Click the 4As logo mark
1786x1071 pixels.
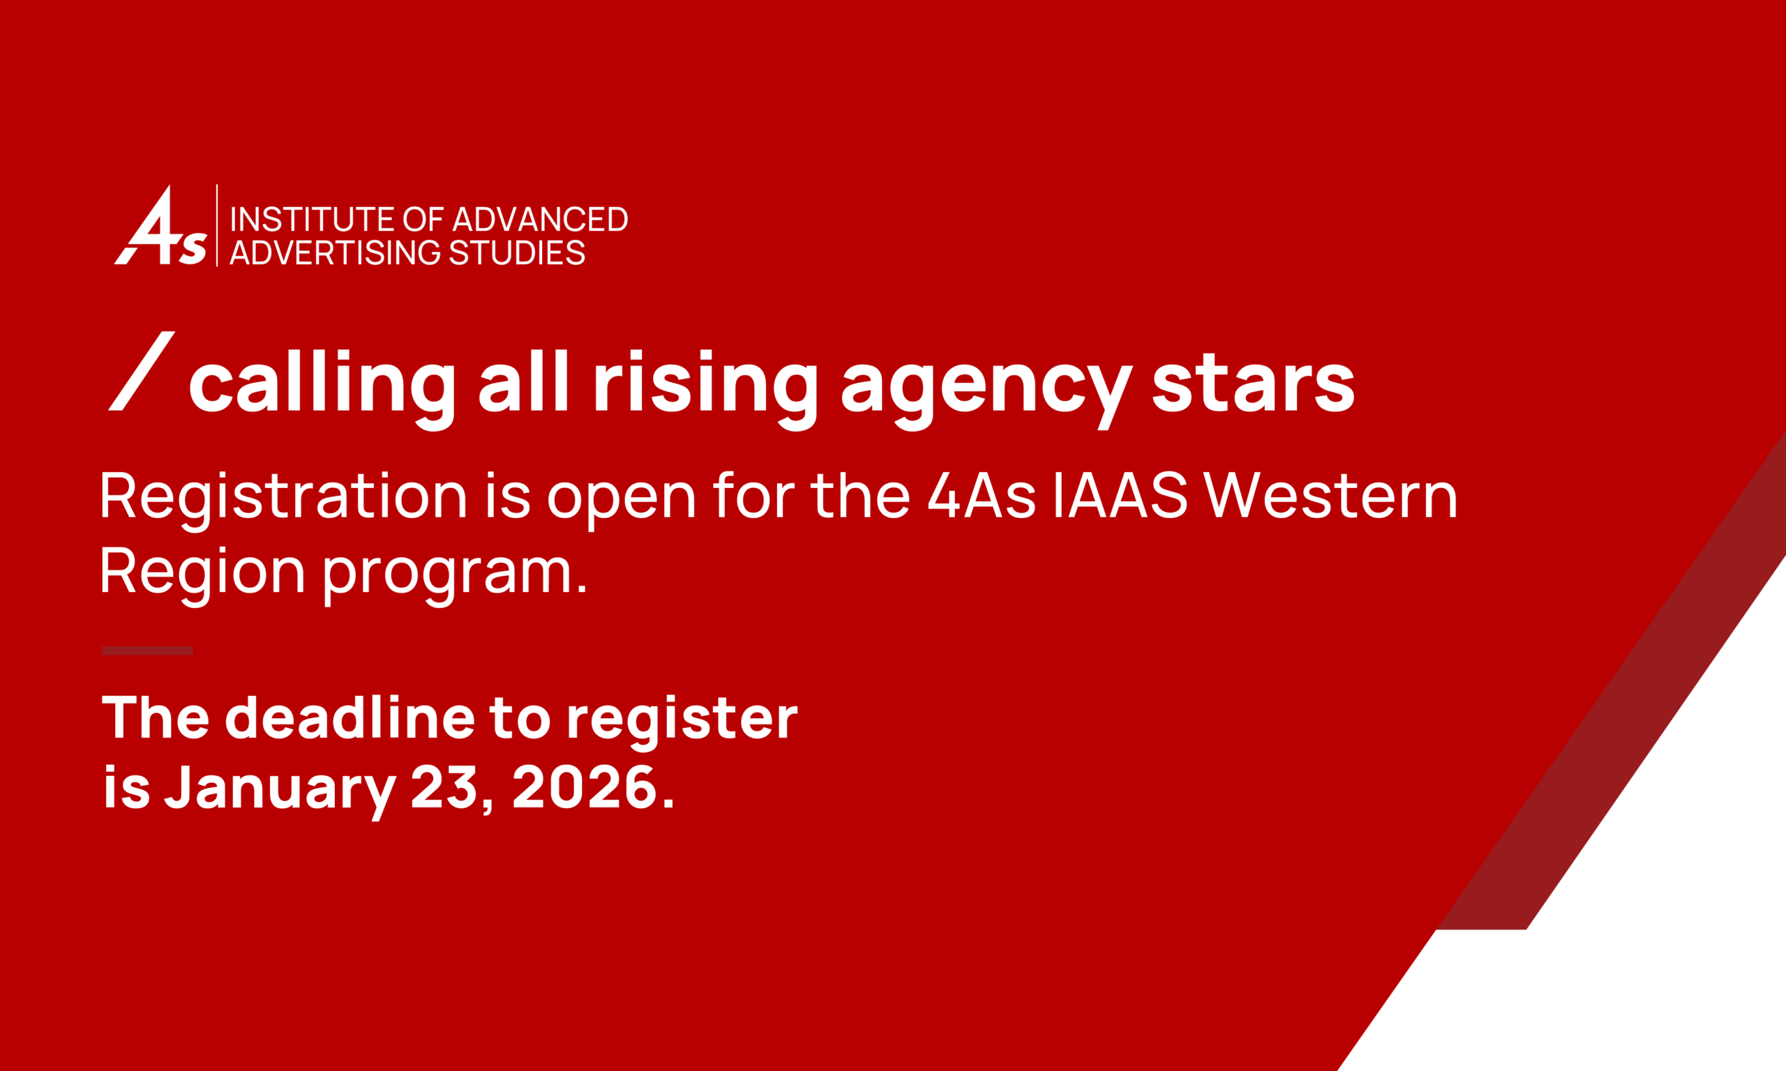(161, 225)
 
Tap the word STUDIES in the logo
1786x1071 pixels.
(517, 252)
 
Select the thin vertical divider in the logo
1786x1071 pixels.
(217, 225)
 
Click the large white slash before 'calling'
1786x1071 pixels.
(142, 371)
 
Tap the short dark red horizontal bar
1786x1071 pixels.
(148, 651)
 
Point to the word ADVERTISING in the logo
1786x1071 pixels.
(335, 252)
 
